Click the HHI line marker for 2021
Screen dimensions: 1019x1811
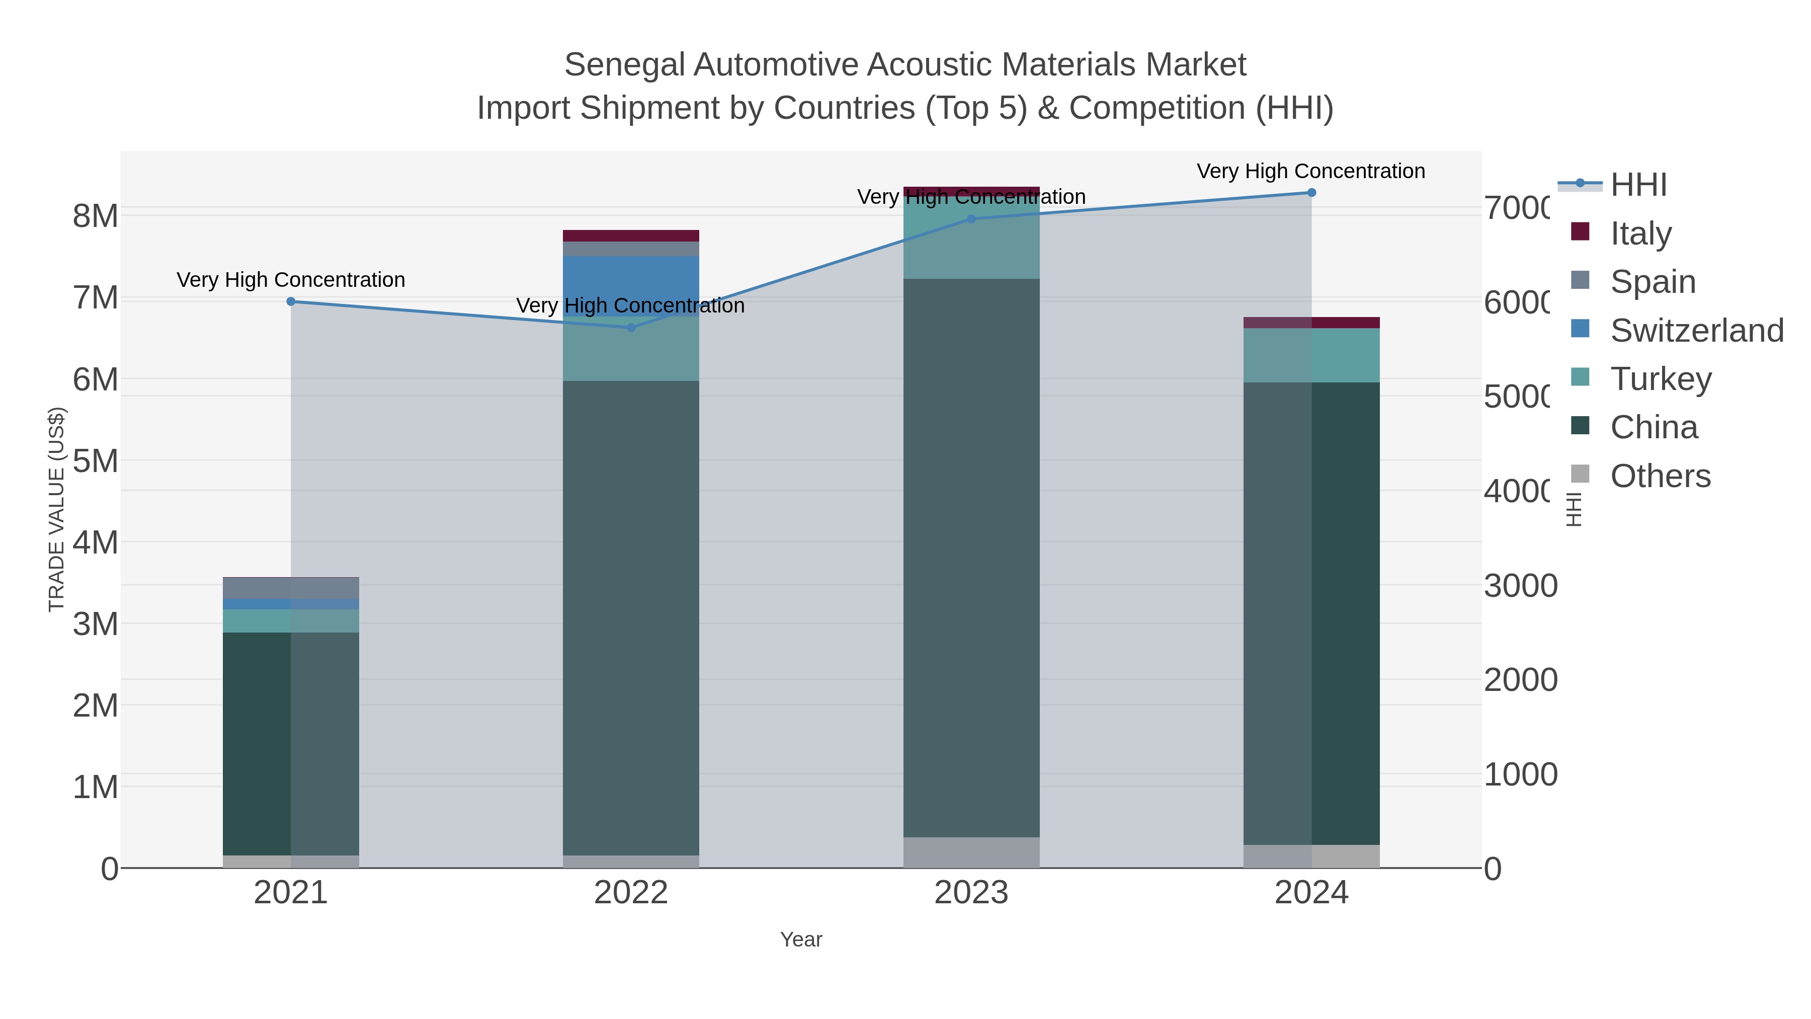click(291, 302)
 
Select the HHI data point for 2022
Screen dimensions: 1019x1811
click(631, 328)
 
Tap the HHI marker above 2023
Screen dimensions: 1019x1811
click(971, 219)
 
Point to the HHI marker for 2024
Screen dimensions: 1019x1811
click(1311, 193)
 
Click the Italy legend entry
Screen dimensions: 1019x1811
click(1640, 233)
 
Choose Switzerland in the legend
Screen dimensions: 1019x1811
click(1696, 331)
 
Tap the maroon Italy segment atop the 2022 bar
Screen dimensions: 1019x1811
click(631, 236)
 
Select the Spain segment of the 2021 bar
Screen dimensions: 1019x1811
click(291, 588)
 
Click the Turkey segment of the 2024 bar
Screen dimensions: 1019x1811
click(1311, 355)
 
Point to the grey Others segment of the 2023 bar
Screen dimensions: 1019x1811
click(971, 852)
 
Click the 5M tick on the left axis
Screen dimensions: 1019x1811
click(96, 461)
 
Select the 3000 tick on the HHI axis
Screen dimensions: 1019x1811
click(1520, 586)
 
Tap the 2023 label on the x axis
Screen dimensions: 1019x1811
click(971, 893)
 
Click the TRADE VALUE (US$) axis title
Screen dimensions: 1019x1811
click(56, 509)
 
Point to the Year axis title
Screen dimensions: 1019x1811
click(801, 939)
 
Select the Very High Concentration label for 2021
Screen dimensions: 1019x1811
click(291, 280)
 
